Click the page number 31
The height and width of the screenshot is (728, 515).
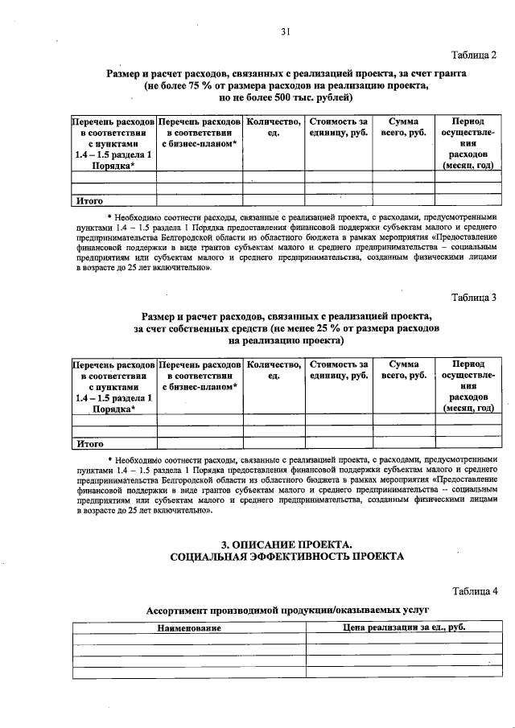coord(285,32)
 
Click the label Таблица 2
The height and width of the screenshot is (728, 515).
coord(474,54)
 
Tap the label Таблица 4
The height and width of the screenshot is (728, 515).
coord(474,591)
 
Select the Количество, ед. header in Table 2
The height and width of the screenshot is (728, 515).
coord(273,126)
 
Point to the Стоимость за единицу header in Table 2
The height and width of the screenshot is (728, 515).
coord(338,126)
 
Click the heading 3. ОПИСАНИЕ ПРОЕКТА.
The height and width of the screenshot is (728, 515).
coord(286,543)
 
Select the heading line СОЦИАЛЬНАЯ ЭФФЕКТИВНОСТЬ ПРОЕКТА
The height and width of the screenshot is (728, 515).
coord(286,556)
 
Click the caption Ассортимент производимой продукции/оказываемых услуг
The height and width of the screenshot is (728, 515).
coord(286,611)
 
